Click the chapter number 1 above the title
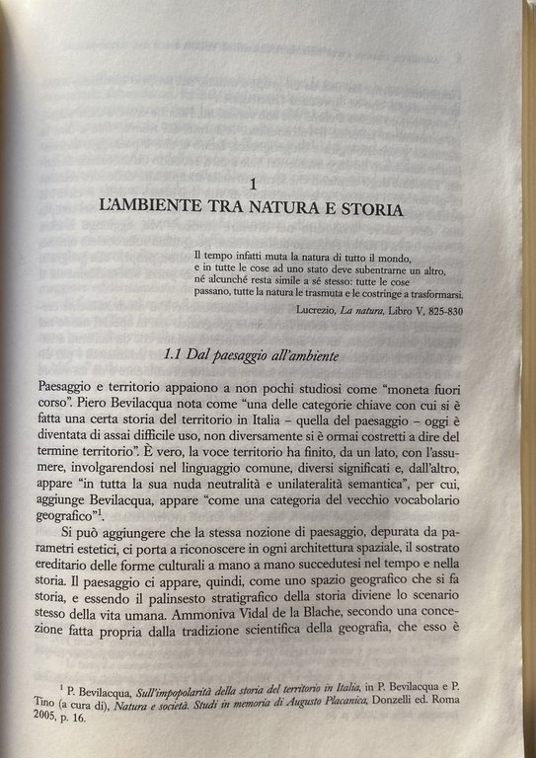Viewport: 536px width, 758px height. [x=254, y=184]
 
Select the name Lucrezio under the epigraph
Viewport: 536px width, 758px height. [x=320, y=310]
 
